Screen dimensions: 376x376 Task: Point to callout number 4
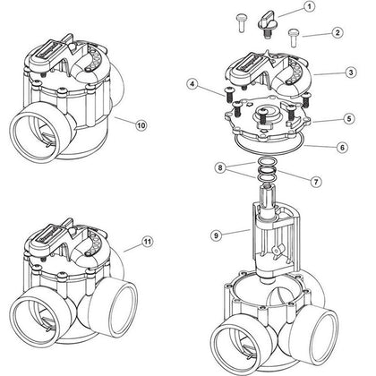click(192, 85)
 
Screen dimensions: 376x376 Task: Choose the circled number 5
click(330, 118)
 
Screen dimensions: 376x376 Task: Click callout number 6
click(330, 147)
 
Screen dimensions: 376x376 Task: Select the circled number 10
click(140, 126)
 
